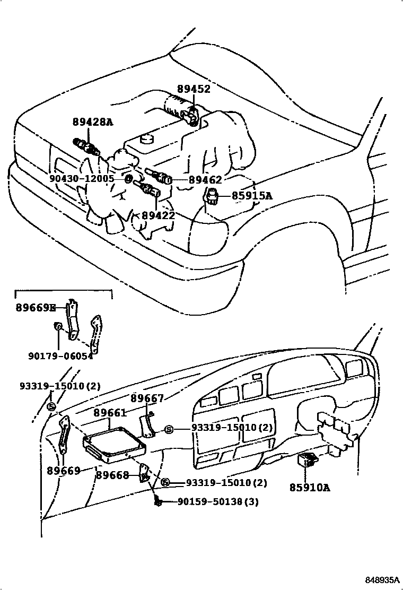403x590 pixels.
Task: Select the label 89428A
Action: pos(93,122)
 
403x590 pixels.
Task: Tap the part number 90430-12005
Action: pos(82,179)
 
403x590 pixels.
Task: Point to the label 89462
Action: pos(206,180)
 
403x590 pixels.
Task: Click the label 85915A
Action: pos(252,196)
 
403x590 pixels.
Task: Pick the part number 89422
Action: pos(158,216)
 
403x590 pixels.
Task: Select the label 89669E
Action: pos(36,308)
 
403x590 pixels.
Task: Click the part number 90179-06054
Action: pos(59,356)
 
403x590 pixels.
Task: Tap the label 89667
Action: pos(147,398)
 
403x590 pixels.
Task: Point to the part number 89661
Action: pos(110,412)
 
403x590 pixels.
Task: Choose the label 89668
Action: pos(112,475)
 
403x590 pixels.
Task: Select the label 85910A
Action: pos(310,487)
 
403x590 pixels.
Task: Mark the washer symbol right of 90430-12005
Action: pos(128,179)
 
